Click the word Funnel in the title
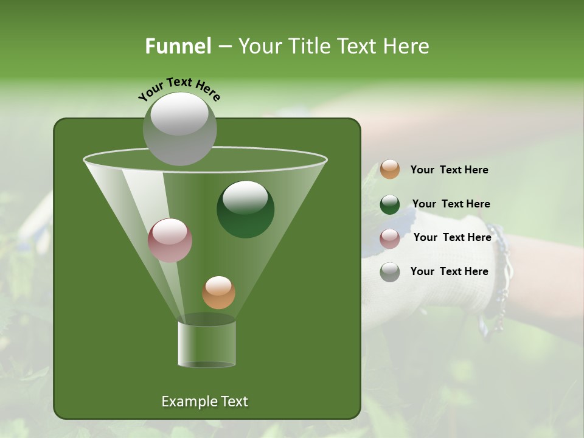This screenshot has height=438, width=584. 178,46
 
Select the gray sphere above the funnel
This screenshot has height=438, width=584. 179,128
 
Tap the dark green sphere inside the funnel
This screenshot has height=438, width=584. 245,209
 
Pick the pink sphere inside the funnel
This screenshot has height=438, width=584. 170,240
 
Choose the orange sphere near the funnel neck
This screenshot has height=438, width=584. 218,293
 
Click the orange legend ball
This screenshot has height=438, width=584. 390,170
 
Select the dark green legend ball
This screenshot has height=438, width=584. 390,204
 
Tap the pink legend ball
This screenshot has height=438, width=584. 390,238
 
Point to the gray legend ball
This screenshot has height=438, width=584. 390,272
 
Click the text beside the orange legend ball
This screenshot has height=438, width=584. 449,170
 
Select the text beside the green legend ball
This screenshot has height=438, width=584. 451,204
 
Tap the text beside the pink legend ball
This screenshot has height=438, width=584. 452,237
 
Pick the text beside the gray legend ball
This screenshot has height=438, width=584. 449,271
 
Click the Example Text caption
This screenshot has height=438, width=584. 204,401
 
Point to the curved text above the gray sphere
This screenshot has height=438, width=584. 179,89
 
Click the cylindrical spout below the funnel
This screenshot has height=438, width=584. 206,344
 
